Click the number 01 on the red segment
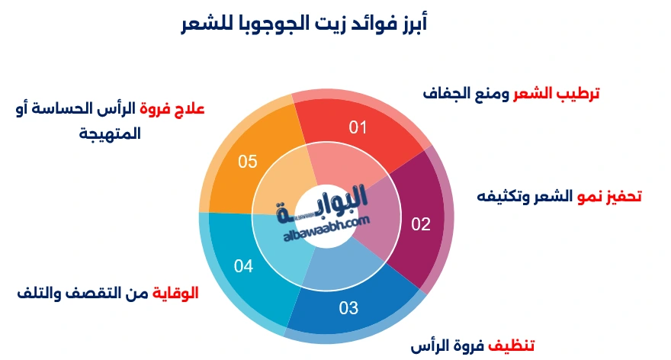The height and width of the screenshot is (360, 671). (358, 127)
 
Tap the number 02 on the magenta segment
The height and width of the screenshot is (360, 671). (421, 224)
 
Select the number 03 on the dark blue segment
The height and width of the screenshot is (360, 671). (348, 308)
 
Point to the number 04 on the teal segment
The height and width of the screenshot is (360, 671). (243, 266)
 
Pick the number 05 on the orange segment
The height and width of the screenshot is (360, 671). (248, 162)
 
